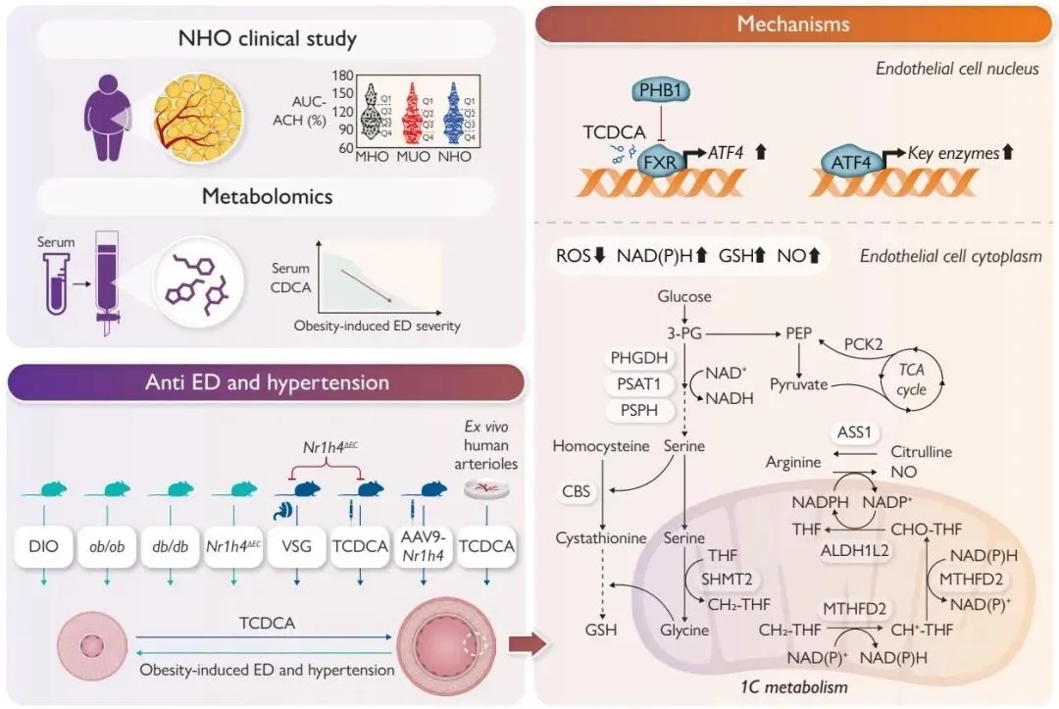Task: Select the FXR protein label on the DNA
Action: pos(659,161)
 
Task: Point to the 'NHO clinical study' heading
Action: pos(267,40)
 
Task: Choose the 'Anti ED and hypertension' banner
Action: pos(266,382)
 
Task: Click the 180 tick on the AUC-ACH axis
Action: pos(343,76)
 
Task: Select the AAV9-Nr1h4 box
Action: pos(425,546)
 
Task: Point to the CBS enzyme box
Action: pos(577,490)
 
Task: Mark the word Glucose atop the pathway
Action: pos(684,296)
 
